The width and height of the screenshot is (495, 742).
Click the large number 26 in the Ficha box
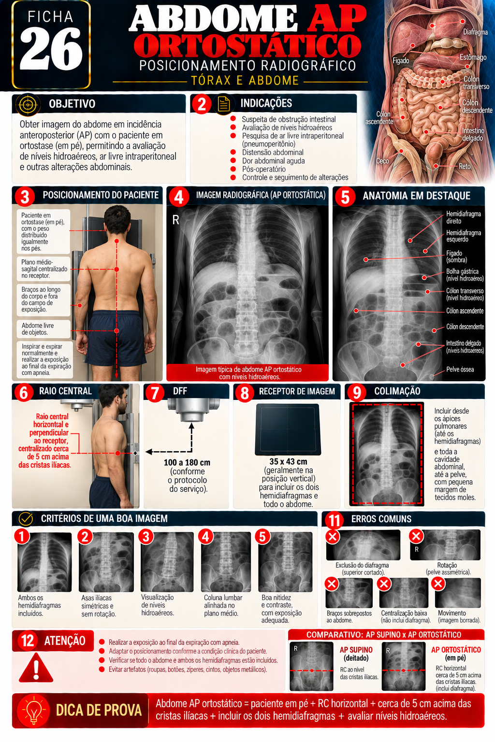click(51, 48)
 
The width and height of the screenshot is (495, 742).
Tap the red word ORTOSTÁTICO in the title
click(247, 45)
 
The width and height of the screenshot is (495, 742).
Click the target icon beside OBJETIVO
click(28, 104)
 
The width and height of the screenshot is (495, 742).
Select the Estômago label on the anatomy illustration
click(473, 57)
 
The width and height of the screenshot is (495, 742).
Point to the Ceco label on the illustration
click(382, 161)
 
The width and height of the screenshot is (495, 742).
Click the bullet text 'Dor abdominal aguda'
click(273, 161)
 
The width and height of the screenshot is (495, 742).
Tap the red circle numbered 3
click(25, 196)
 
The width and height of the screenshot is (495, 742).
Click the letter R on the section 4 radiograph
click(176, 220)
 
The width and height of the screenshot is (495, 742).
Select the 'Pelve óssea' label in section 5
click(460, 370)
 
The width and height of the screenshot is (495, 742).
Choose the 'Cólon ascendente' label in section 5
click(465, 311)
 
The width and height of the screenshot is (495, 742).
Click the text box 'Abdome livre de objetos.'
click(44, 329)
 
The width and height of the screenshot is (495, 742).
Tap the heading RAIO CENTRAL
click(65, 391)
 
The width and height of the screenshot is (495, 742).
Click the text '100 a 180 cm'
click(187, 462)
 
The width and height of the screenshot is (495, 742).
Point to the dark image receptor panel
click(288, 429)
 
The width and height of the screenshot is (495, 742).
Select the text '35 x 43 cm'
click(288, 461)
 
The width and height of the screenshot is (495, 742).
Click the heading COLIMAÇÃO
click(397, 391)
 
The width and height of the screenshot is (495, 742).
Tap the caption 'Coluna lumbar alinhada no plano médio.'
click(223, 605)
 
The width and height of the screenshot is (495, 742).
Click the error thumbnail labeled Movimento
click(458, 593)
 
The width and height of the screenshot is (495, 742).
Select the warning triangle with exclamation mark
click(36, 668)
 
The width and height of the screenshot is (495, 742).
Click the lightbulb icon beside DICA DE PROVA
click(33, 710)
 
